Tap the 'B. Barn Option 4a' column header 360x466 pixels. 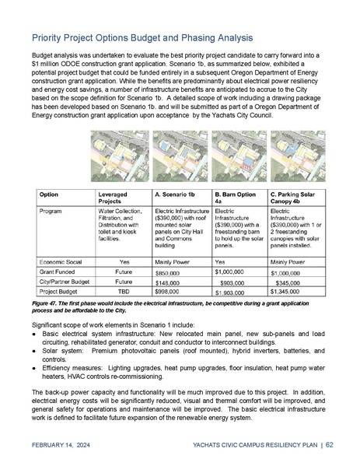click(234, 195)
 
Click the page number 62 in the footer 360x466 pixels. click(330, 445)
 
